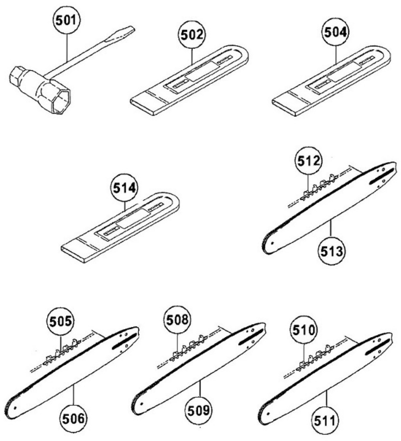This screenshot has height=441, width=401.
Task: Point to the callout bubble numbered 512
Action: pos(307,161)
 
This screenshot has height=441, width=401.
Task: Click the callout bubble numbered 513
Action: pos(331,251)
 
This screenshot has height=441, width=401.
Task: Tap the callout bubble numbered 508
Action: pos(179,320)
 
